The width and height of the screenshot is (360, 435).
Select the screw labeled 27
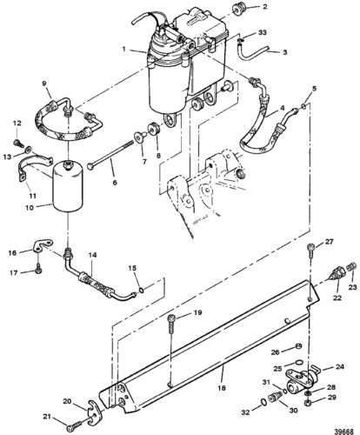tap(311, 251)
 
